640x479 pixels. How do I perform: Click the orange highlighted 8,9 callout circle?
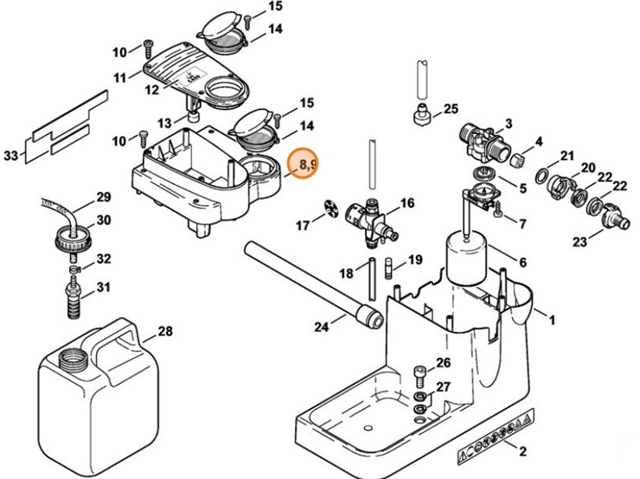click(x=303, y=163)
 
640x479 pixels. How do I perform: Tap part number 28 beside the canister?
click(x=164, y=331)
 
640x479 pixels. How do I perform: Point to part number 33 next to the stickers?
click(x=11, y=156)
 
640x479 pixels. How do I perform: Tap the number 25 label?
click(x=450, y=109)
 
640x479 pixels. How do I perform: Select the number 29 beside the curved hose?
click(x=104, y=197)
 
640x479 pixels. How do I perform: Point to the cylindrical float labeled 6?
click(x=465, y=258)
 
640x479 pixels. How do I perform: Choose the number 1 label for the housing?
click(x=551, y=319)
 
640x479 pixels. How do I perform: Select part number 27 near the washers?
click(x=443, y=386)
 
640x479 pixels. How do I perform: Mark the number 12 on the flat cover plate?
click(x=151, y=88)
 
